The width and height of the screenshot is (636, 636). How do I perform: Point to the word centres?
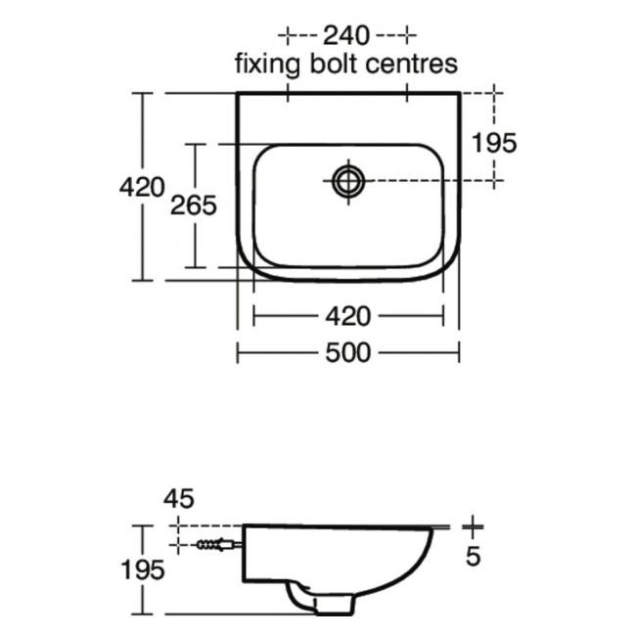click(x=411, y=66)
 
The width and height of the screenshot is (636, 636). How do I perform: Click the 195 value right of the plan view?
click(x=493, y=142)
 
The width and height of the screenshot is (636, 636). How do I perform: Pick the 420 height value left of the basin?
click(x=141, y=187)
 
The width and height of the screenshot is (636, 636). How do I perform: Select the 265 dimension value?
click(x=194, y=205)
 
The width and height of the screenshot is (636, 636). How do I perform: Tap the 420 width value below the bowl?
click(x=347, y=316)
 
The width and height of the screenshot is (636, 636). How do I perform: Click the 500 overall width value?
click(x=347, y=352)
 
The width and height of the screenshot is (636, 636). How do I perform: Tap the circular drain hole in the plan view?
click(x=347, y=180)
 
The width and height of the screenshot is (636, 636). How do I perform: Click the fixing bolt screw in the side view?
click(x=215, y=544)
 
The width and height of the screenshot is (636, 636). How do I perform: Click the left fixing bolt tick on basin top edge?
click(x=287, y=94)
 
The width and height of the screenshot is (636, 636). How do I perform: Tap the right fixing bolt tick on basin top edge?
click(x=407, y=94)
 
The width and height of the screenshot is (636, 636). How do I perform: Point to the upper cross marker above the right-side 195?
click(x=495, y=94)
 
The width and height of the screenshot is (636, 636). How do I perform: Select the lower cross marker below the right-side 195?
click(x=495, y=180)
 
